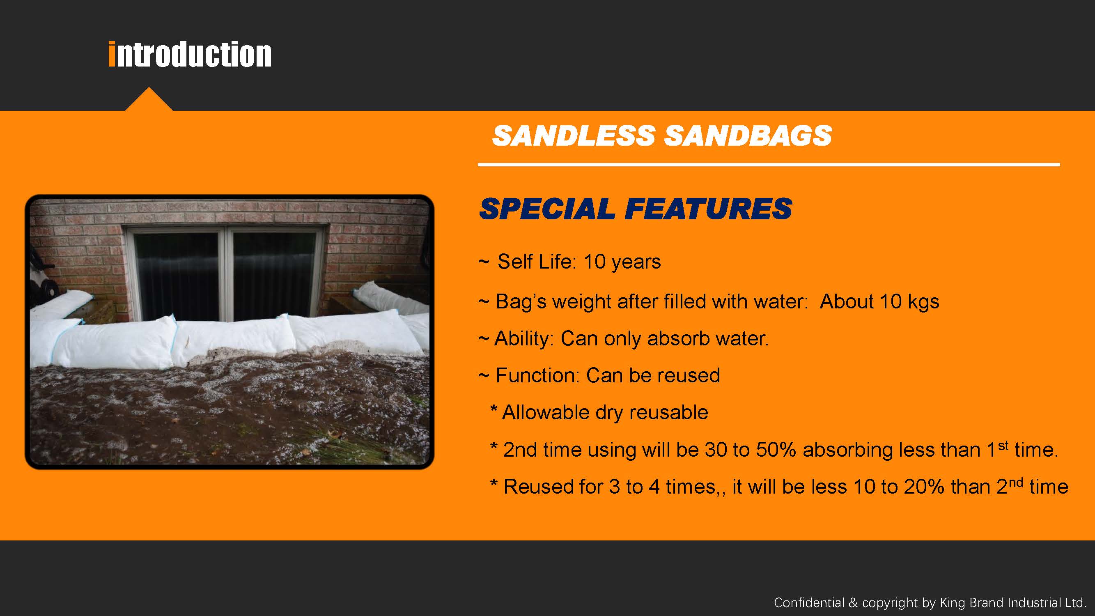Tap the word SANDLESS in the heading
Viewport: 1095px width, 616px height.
[x=574, y=136]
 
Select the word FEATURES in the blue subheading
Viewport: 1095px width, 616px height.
[x=708, y=209]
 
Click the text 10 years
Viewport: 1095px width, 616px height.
[x=622, y=262]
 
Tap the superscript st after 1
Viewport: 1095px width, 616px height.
[x=1003, y=445]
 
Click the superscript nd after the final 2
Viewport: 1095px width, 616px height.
[x=1015, y=483]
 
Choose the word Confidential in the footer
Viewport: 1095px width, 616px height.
[x=809, y=602]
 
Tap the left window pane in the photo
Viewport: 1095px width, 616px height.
[x=177, y=276]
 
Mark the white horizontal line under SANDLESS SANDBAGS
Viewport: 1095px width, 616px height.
[x=769, y=164]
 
